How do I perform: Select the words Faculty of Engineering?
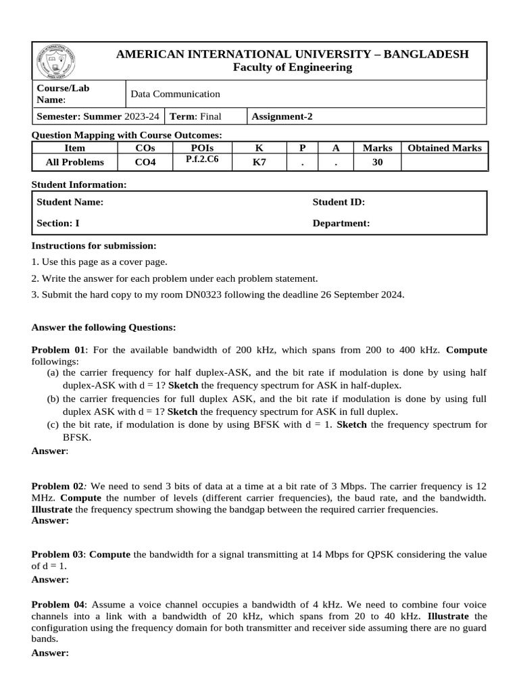pos(293,68)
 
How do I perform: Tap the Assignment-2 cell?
pos(282,116)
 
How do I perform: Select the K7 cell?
pos(259,162)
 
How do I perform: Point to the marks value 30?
pos(378,162)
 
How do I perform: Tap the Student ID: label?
pos(339,202)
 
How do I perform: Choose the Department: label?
pos(341,223)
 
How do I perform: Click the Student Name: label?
pos(70,202)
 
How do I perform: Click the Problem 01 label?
pos(59,350)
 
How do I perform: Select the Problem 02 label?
pos(58,487)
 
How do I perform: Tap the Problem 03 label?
pos(59,555)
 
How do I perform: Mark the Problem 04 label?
pos(59,604)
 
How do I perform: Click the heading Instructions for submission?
pos(94,245)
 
